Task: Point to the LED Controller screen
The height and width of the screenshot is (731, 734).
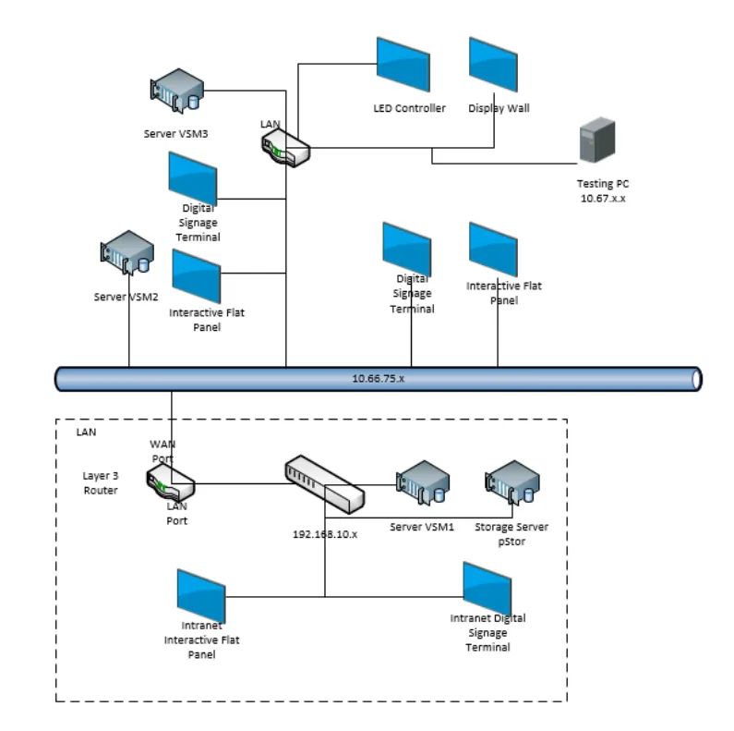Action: [x=403, y=64]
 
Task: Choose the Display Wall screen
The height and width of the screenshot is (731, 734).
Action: [x=493, y=64]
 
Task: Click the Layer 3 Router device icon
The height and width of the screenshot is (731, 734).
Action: [x=170, y=482]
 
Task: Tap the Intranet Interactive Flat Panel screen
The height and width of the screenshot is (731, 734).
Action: [x=201, y=595]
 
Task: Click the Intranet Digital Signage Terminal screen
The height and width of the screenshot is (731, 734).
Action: [x=487, y=586]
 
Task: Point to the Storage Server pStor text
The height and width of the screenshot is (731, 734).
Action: [x=511, y=533]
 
